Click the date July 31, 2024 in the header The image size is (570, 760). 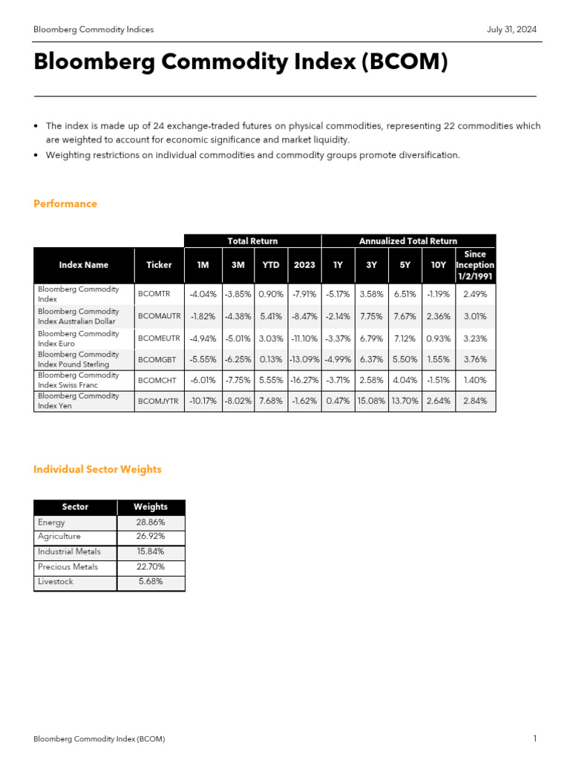511,30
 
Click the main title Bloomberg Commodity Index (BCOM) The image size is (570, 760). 240,63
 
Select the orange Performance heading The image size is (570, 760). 65,204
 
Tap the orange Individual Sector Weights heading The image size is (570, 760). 97,470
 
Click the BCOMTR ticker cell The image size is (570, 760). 154,294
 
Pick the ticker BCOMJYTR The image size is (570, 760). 159,402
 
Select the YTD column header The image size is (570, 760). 271,265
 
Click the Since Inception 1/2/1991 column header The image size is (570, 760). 474,265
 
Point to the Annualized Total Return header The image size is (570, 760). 408,241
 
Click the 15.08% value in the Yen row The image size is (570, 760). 371,402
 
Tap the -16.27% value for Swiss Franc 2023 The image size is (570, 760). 304,380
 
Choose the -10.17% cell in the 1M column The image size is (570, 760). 203,402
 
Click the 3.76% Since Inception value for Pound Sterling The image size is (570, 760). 474,359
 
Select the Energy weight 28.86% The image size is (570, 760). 151,522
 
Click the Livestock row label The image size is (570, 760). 56,583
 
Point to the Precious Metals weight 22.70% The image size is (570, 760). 151,567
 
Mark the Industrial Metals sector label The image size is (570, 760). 69,552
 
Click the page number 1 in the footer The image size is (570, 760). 534,739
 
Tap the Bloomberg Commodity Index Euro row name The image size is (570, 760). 78,338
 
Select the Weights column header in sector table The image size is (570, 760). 151,507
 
